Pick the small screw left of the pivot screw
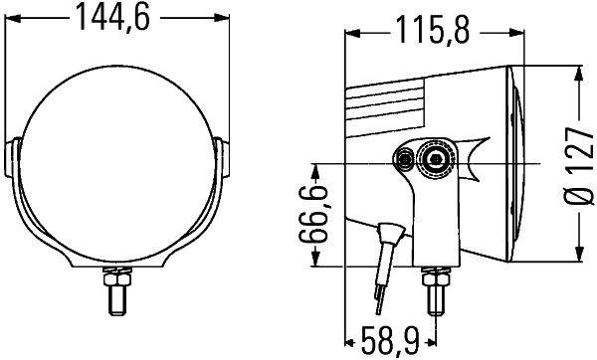coord(405,159)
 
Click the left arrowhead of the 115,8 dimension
coord(350,33)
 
